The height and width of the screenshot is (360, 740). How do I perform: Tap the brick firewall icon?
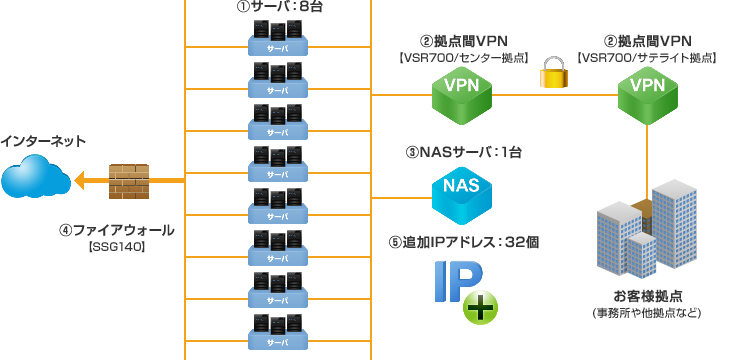click(x=128, y=180)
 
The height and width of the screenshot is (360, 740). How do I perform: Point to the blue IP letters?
click(x=455, y=281)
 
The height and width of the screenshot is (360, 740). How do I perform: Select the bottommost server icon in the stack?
click(x=278, y=330)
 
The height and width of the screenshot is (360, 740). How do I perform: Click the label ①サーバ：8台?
click(x=280, y=7)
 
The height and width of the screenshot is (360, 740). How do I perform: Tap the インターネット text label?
click(x=44, y=141)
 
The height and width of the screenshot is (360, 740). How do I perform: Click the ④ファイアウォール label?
click(x=116, y=230)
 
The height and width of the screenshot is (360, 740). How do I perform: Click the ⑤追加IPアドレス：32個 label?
click(x=463, y=243)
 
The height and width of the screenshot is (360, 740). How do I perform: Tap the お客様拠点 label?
click(x=647, y=296)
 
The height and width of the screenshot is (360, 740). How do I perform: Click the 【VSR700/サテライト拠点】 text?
click(x=648, y=58)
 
